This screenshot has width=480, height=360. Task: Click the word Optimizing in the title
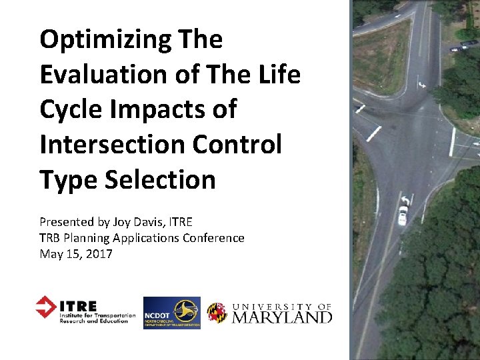tap(107, 40)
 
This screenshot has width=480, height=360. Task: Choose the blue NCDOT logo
tap(171, 313)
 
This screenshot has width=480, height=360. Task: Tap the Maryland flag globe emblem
tap(216, 313)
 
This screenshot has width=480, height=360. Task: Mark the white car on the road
tap(403, 214)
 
